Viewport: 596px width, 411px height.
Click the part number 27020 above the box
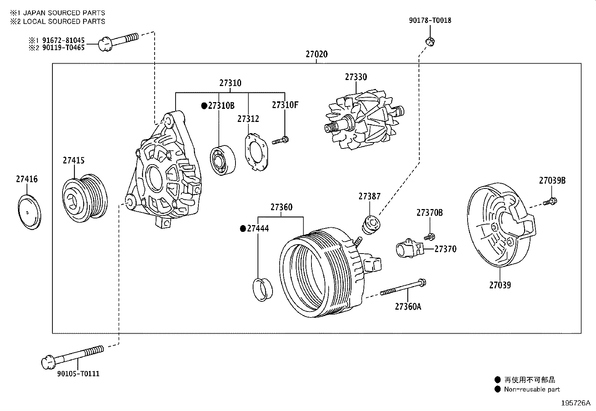(x=316, y=54)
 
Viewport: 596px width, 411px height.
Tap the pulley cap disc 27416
(x=29, y=212)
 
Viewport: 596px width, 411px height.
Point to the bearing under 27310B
(x=222, y=160)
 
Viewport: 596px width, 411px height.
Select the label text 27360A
(x=408, y=307)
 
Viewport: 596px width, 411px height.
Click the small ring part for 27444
(x=263, y=289)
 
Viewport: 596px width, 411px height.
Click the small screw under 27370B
(x=429, y=237)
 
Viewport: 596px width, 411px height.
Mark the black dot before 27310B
(x=204, y=106)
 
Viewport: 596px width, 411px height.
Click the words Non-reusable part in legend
(x=532, y=389)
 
